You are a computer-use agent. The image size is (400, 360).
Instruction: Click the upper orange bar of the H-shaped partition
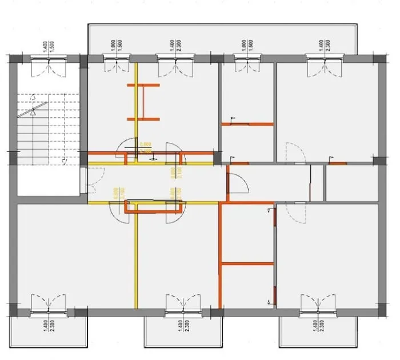(x=143, y=85)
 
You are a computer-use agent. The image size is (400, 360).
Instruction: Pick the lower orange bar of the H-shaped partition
(x=143, y=119)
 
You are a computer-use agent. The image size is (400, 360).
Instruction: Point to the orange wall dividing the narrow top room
(x=247, y=124)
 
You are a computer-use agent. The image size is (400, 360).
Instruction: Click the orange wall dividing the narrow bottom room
(x=247, y=263)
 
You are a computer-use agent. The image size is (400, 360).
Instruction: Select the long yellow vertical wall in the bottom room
(x=136, y=257)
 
